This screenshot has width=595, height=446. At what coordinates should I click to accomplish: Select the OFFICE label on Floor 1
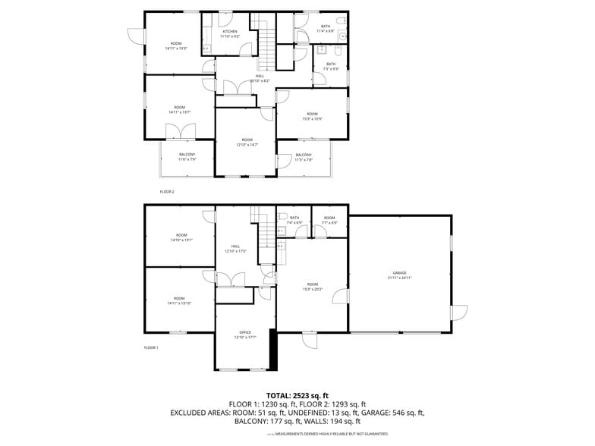245,334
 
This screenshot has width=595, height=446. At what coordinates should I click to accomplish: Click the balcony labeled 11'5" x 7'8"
304,157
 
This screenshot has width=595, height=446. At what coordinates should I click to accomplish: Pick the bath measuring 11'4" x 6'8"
325,29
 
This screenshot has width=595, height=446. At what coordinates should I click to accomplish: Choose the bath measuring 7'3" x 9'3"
331,66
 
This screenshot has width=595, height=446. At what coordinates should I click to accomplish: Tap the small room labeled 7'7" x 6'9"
329,221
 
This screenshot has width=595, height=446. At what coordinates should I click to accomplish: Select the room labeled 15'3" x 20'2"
312,286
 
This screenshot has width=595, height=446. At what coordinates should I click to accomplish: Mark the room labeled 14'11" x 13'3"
176,46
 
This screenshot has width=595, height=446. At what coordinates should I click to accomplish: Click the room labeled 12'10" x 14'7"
247,142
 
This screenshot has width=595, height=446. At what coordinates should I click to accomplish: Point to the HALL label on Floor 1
236,249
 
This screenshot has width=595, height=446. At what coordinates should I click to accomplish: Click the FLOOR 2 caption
167,192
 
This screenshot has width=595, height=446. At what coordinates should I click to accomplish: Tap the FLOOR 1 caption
151,347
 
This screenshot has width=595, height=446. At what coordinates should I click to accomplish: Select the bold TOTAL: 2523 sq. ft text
297,395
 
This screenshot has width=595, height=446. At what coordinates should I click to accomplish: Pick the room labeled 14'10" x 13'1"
180,237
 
